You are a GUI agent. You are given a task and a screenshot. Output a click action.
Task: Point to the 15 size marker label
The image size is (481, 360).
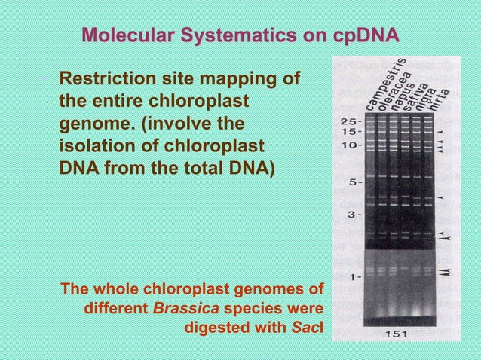tap(348, 131)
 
